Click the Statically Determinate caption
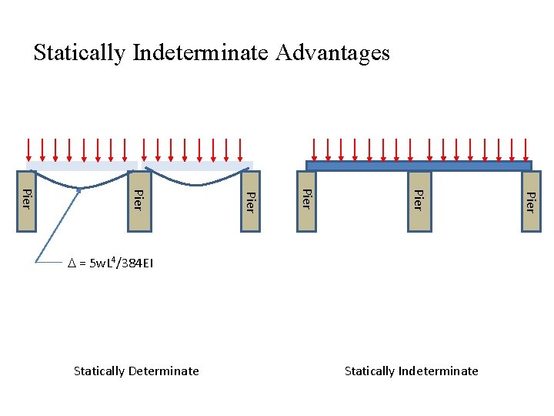(x=136, y=371)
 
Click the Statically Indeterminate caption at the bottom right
(x=411, y=371)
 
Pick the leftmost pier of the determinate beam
(x=27, y=200)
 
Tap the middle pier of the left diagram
(x=138, y=200)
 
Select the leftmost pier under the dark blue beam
(x=305, y=200)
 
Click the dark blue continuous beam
(x=419, y=166)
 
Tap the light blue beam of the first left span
(x=82, y=166)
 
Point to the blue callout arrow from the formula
(x=58, y=226)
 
